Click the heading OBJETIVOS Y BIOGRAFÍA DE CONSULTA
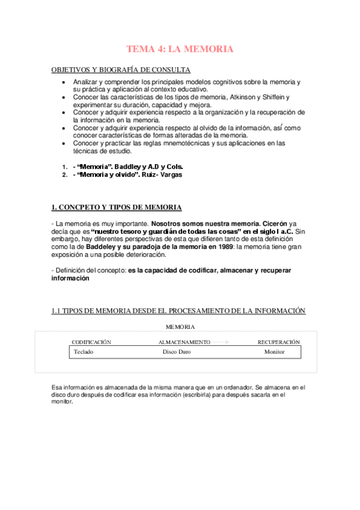tap(121, 70)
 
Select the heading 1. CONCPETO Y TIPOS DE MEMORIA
tap(117, 207)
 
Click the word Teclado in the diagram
tap(83, 352)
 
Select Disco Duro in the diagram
tap(177, 352)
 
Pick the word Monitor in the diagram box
tap(274, 352)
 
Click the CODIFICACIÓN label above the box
tap(91, 342)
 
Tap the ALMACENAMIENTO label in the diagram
tap(184, 342)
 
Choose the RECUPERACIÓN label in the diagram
tap(278, 342)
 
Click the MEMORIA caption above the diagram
tap(180, 327)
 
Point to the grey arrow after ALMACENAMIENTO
tap(221, 342)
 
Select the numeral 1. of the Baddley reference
tap(64, 166)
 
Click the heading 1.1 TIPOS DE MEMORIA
tap(178, 311)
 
